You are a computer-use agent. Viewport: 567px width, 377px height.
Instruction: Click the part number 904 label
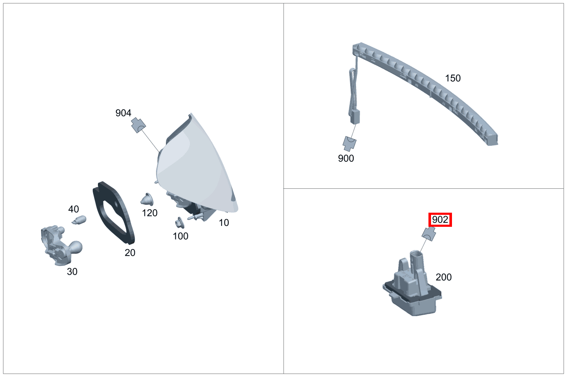click(x=123, y=113)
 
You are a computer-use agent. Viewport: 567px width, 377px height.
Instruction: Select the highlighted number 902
click(x=440, y=220)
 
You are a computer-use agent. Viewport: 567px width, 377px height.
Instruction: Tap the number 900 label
click(x=346, y=158)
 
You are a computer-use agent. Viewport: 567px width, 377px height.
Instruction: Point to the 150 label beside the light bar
click(x=453, y=78)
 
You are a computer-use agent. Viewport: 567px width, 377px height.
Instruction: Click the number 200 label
click(x=443, y=277)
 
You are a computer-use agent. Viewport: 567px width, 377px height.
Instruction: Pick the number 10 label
click(x=224, y=223)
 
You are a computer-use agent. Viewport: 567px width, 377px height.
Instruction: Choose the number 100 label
click(x=180, y=236)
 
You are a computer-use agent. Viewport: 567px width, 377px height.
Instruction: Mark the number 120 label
click(x=150, y=213)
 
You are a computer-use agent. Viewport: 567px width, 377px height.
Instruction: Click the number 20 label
click(x=130, y=252)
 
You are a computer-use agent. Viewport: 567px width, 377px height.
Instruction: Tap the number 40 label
click(x=74, y=209)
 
